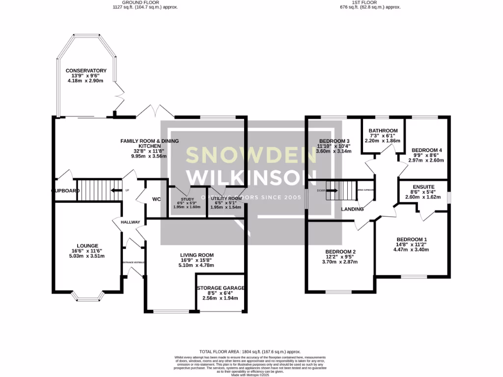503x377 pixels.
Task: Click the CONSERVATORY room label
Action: click(x=86, y=71)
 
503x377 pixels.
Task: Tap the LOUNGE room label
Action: click(x=87, y=246)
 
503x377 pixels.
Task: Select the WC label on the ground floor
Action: click(x=157, y=199)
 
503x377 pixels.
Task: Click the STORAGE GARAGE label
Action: click(x=221, y=288)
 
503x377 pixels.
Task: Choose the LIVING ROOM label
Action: click(x=196, y=255)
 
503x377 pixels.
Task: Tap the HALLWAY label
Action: click(x=131, y=222)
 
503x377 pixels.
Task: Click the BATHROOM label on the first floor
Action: click(x=383, y=131)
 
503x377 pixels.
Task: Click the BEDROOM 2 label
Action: click(x=340, y=252)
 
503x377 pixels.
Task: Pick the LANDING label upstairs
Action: click(x=352, y=209)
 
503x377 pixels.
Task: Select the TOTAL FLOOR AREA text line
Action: click(x=251, y=351)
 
